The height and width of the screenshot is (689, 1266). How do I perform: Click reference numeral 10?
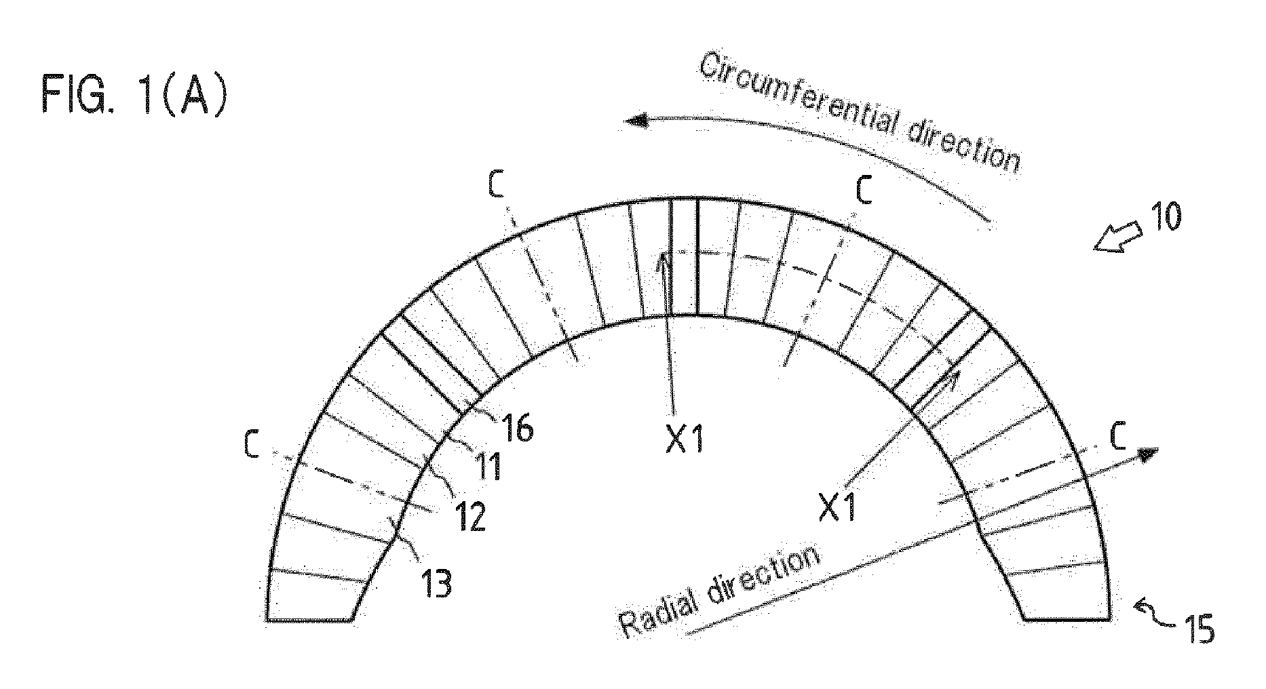(1161, 218)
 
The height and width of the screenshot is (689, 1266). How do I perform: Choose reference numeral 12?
(469, 517)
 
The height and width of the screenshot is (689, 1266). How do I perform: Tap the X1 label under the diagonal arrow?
(838, 507)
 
